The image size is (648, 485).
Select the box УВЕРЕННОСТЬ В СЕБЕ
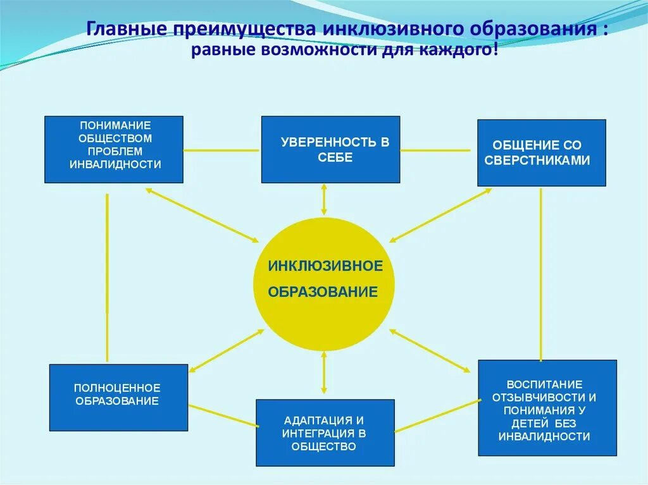point(330,149)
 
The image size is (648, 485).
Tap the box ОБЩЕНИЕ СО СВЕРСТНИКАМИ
point(541,152)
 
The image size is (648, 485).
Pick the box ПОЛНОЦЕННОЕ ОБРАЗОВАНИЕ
point(118,397)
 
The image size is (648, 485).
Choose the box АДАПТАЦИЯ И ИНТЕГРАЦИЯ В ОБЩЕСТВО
point(325,433)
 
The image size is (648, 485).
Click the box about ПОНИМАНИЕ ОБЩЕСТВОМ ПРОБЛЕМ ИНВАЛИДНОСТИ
point(114,149)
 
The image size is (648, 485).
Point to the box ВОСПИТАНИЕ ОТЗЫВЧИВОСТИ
point(547,407)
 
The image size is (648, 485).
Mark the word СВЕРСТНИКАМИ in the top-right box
point(537,161)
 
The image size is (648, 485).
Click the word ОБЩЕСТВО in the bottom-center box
point(325,446)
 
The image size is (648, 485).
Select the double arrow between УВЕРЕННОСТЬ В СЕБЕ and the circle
point(324,199)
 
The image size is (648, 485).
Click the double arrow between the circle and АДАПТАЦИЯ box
point(324,374)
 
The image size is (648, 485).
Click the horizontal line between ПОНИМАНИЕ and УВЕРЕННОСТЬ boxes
point(221,150)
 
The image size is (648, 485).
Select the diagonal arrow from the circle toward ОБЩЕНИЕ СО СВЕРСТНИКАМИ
point(440,215)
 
